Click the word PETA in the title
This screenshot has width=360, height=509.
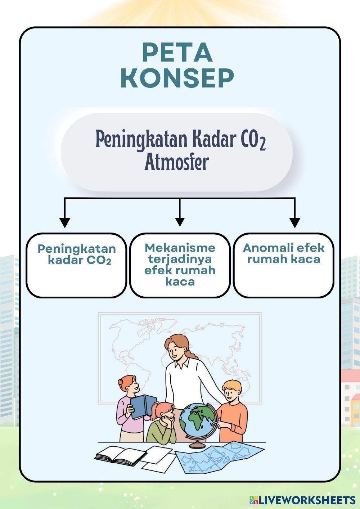(x=177, y=53)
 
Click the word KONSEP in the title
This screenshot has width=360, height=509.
(x=177, y=78)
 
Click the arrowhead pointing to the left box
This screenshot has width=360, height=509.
(x=64, y=223)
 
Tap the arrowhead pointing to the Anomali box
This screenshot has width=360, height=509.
(x=295, y=223)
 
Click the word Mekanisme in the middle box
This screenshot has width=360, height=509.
(x=180, y=248)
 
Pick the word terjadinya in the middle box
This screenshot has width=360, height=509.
(x=180, y=260)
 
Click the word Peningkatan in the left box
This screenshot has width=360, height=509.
(x=77, y=249)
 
